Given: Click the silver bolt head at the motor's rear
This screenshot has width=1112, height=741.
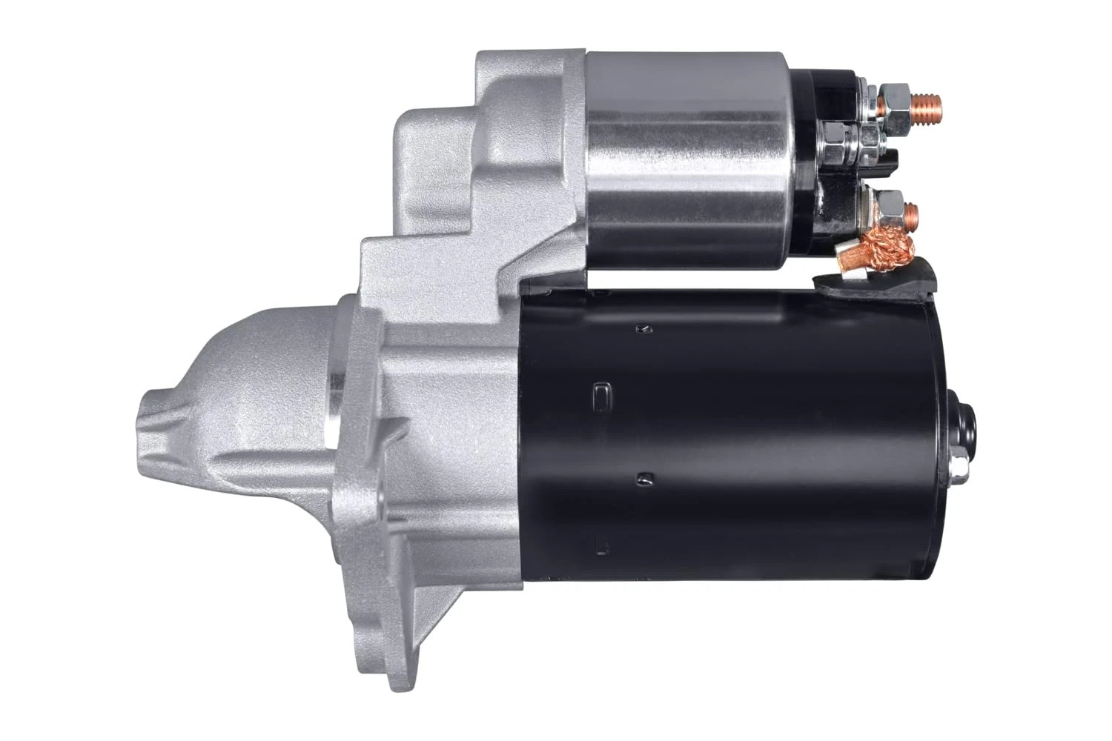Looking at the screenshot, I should (957, 467).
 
